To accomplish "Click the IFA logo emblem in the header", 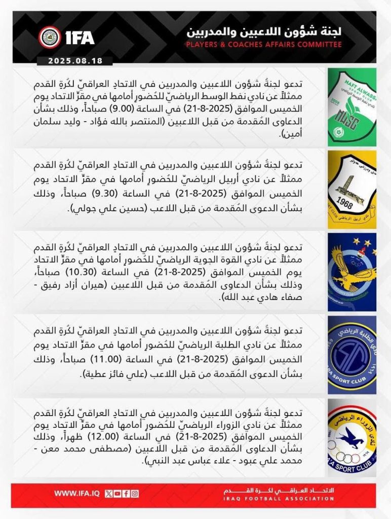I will click(x=50, y=36).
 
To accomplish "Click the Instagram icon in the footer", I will click(x=135, y=493).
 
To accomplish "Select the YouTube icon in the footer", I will click(x=117, y=493).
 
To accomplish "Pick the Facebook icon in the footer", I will click(x=126, y=493).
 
